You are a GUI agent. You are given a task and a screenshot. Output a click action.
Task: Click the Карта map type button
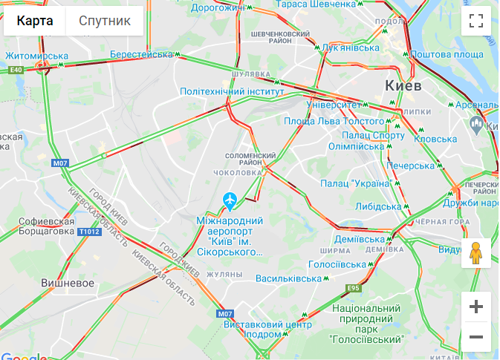pyautogui.click(x=35, y=21)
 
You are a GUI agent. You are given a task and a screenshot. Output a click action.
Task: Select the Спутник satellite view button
pyautogui.click(x=105, y=21)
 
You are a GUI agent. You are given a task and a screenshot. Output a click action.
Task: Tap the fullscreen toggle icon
pyautogui.click(x=476, y=21)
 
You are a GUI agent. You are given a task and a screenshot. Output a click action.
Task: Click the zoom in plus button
pyautogui.click(x=476, y=307)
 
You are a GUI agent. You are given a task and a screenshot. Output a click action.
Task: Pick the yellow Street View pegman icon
pyautogui.click(x=476, y=254)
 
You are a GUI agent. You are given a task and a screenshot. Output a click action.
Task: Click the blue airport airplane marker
pyautogui.click(x=230, y=200)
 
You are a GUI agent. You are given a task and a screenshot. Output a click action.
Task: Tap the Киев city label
pyautogui.click(x=403, y=86)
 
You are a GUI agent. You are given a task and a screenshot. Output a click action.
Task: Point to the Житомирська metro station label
pyautogui.click(x=36, y=56)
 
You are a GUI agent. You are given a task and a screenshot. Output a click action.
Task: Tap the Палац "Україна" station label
pyautogui.click(x=356, y=183)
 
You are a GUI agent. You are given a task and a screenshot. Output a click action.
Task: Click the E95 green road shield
pyautogui.click(x=353, y=288)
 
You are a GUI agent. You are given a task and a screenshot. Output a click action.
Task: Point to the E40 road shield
pyautogui.click(x=16, y=70)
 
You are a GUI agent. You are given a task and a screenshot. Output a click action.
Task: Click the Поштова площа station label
pyautogui.click(x=447, y=55)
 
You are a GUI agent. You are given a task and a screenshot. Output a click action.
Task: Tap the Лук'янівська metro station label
pyautogui.click(x=350, y=48)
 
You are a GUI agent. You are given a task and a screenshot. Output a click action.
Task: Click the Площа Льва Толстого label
pyautogui.click(x=334, y=121)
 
